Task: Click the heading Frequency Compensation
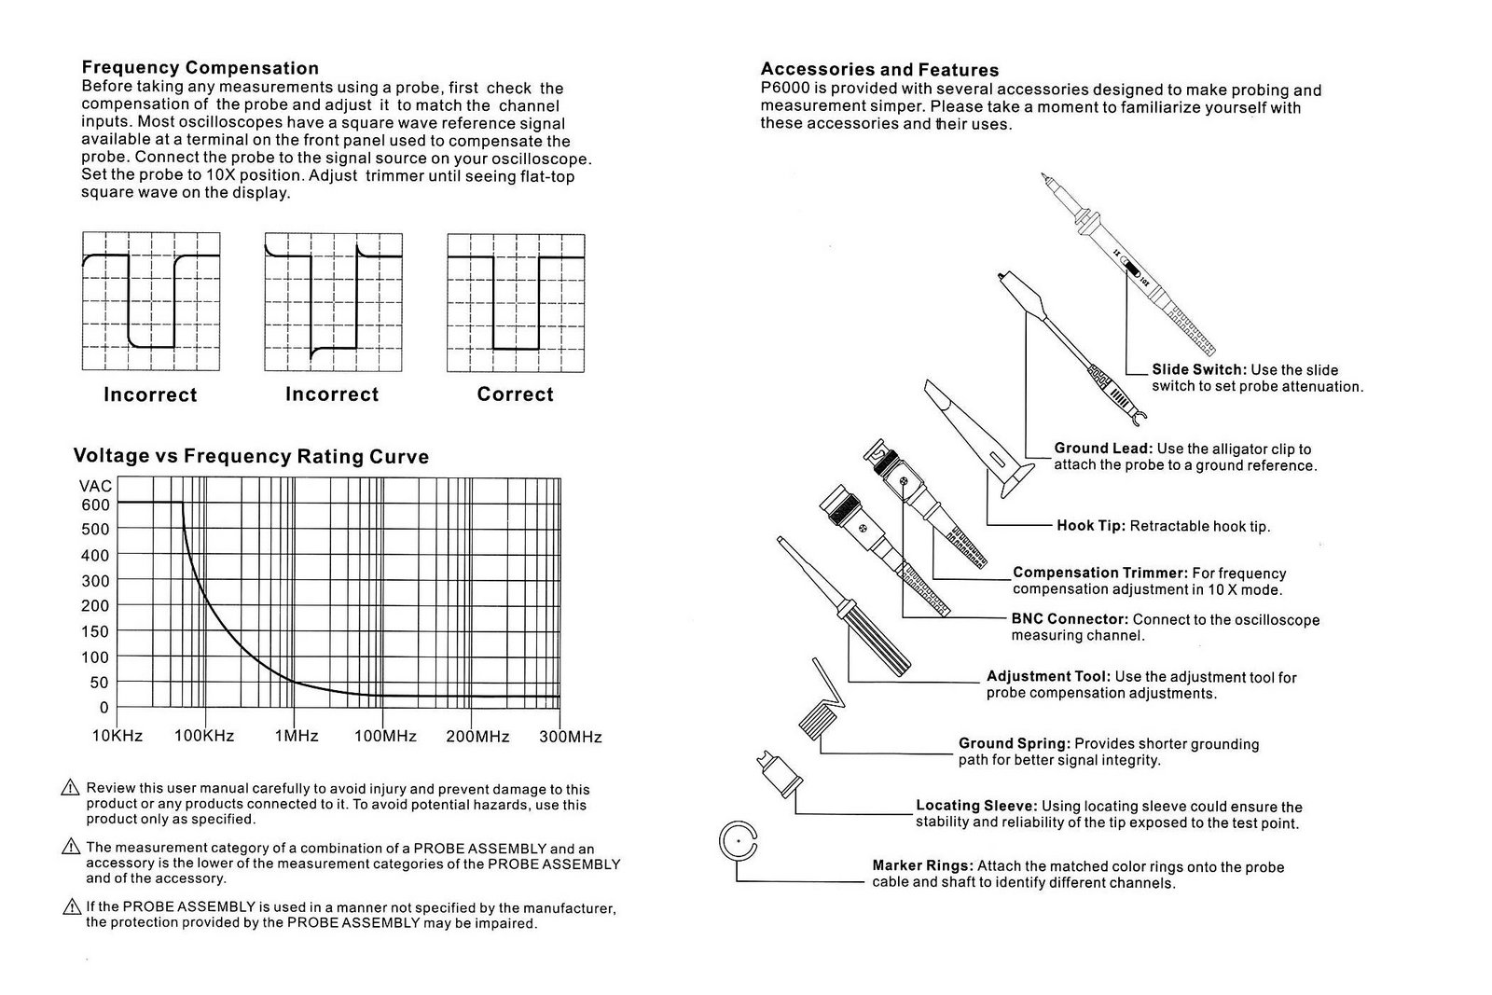(x=200, y=67)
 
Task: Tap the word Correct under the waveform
(x=515, y=394)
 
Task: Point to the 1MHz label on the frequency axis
(x=297, y=736)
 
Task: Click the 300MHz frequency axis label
(x=571, y=737)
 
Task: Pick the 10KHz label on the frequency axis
(x=117, y=736)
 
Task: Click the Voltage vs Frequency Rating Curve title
(x=251, y=457)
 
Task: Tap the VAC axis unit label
(x=96, y=486)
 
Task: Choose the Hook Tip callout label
(x=1091, y=526)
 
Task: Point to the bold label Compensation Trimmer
(x=1099, y=573)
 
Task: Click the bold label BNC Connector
(x=1070, y=619)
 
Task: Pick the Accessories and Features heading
(x=879, y=69)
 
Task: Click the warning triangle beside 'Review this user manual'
(x=70, y=789)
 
